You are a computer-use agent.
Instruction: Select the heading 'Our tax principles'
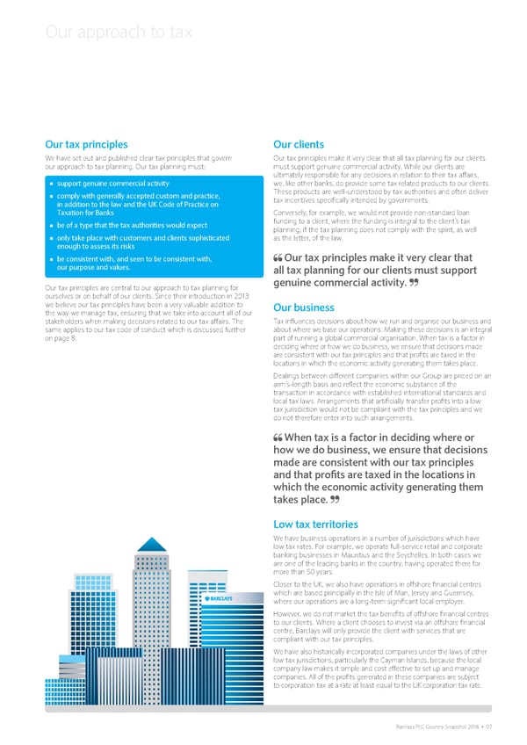click(86, 144)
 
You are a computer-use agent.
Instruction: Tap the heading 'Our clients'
click(300, 144)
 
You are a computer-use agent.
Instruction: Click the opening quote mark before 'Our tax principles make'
click(278, 258)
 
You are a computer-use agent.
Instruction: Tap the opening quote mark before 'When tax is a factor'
click(278, 438)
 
